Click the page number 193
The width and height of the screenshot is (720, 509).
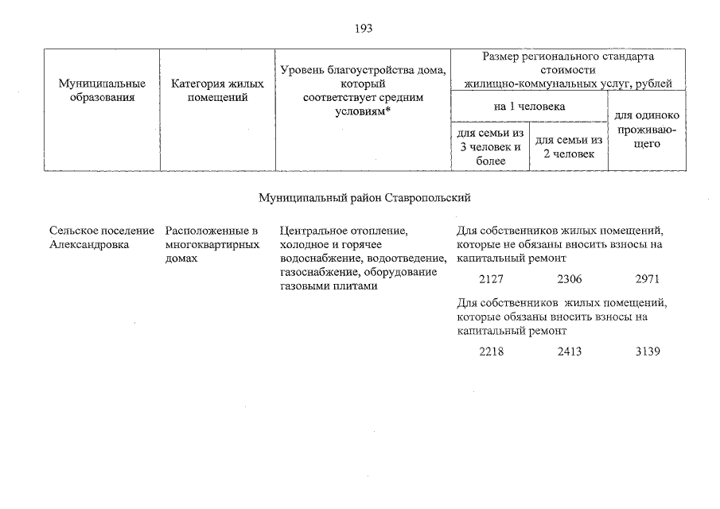364,29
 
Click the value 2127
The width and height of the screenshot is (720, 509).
492,279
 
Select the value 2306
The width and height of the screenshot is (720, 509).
569,279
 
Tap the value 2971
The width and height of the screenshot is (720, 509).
648,279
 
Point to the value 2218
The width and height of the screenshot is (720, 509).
492,352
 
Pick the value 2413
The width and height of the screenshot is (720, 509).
569,352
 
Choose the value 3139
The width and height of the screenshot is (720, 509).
648,352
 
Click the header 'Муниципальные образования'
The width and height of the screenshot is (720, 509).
102,90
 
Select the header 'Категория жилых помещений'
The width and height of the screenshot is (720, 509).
217,90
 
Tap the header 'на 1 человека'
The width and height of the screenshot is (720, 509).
529,105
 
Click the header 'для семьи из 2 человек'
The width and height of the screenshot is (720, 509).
569,146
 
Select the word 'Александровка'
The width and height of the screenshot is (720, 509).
89,245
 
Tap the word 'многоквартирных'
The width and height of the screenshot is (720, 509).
212,245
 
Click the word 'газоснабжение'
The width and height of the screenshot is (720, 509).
315,273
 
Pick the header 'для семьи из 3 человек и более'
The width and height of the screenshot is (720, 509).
490,146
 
